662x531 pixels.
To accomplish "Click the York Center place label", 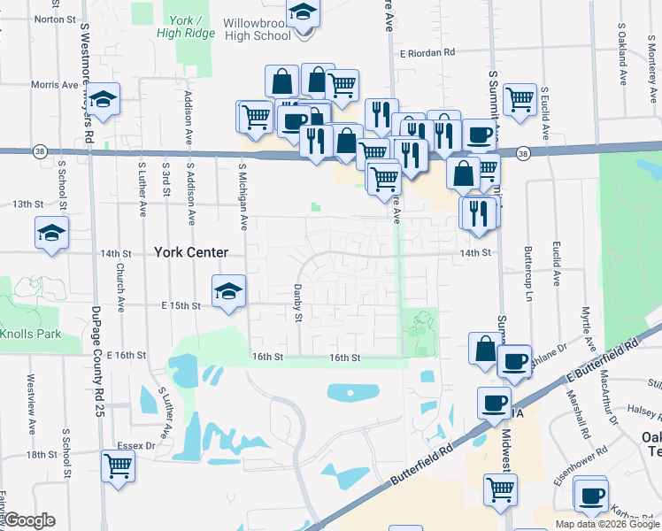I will pyautogui.click(x=191, y=252).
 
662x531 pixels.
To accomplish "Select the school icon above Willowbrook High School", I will pyautogui.click(x=303, y=13).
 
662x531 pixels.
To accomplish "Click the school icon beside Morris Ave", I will pyautogui.click(x=104, y=99).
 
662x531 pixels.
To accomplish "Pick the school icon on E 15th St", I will pyautogui.click(x=228, y=291).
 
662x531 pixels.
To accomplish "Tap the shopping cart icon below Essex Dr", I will pyautogui.click(x=118, y=465).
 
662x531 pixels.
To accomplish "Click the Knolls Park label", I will pyautogui.click(x=30, y=334).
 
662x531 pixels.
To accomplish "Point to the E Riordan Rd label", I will pyautogui.click(x=427, y=52).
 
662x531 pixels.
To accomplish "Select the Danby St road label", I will pyautogui.click(x=299, y=304).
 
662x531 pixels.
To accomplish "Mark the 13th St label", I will pyautogui.click(x=28, y=204).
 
